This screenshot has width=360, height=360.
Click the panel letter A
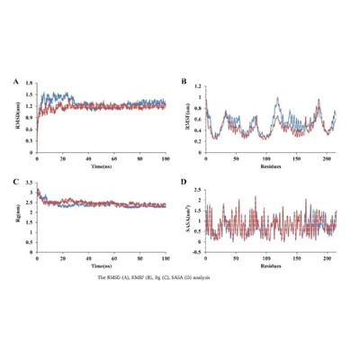click(x=16, y=82)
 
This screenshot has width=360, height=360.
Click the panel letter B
click(x=185, y=82)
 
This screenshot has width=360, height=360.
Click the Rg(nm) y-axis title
click(x=20, y=220)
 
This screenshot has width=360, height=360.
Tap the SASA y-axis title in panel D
click(x=186, y=220)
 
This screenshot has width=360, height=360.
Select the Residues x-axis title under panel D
click(x=270, y=267)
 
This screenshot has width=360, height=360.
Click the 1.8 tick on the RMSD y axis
click(x=31, y=84)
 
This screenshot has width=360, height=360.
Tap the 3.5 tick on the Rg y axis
click(x=31, y=184)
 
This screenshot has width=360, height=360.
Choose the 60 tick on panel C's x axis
click(x=114, y=260)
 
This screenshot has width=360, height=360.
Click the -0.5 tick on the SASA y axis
click(x=198, y=254)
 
